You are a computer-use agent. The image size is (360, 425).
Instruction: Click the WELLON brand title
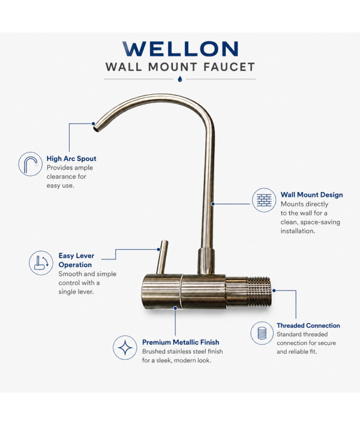181,49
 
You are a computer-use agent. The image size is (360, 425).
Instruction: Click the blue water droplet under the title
180,79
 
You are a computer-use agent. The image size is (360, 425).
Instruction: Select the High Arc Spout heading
71,158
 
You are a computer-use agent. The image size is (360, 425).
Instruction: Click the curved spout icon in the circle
31,164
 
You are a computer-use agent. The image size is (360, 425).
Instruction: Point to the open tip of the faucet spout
96,128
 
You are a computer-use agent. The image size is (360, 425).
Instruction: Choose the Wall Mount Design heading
312,195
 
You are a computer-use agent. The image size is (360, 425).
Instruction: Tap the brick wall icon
264,200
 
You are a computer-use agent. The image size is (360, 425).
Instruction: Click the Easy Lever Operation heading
76,260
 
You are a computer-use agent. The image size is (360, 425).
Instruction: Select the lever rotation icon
41,263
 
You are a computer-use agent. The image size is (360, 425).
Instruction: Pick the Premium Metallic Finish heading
181,342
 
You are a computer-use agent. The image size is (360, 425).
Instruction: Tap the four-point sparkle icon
125,348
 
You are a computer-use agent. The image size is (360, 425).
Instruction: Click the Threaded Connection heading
308,325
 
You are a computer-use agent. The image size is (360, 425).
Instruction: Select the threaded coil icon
262,333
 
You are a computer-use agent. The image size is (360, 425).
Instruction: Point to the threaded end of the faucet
258,292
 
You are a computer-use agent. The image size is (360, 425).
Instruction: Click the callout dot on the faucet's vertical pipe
213,204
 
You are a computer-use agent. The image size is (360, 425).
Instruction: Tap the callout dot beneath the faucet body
175,308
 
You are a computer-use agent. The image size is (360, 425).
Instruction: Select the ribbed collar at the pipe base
206,261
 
